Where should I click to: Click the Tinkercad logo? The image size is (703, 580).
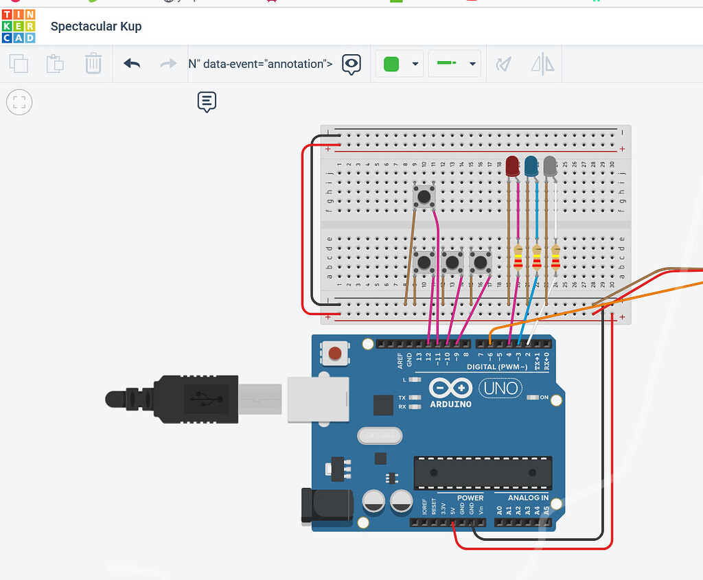pos(19,26)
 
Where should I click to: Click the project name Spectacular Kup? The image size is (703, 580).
pos(96,27)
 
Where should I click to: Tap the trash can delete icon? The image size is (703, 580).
pos(93,64)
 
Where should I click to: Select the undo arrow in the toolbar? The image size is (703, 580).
pos(132,64)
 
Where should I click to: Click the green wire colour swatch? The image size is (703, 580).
pos(391,64)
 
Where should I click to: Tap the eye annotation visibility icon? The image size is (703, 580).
pos(351,64)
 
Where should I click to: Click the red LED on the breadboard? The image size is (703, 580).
pos(512,166)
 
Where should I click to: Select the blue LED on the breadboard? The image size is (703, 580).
pos(531,166)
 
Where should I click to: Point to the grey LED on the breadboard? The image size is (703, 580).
pos(550,166)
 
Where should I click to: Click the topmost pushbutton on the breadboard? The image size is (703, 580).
pos(424,198)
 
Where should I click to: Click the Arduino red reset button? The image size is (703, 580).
pos(334,353)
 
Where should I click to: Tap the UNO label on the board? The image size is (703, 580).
pos(500,388)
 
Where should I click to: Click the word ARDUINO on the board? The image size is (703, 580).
pos(451,404)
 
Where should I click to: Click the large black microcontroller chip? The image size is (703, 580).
pos(482,473)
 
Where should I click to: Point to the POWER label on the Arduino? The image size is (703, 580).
pos(470,498)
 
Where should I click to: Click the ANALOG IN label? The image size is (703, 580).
pos(528,498)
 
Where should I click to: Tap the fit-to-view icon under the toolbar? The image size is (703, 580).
pos(19,103)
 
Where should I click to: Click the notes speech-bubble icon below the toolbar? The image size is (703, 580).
pos(207,102)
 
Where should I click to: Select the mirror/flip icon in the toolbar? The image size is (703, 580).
pos(542,64)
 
